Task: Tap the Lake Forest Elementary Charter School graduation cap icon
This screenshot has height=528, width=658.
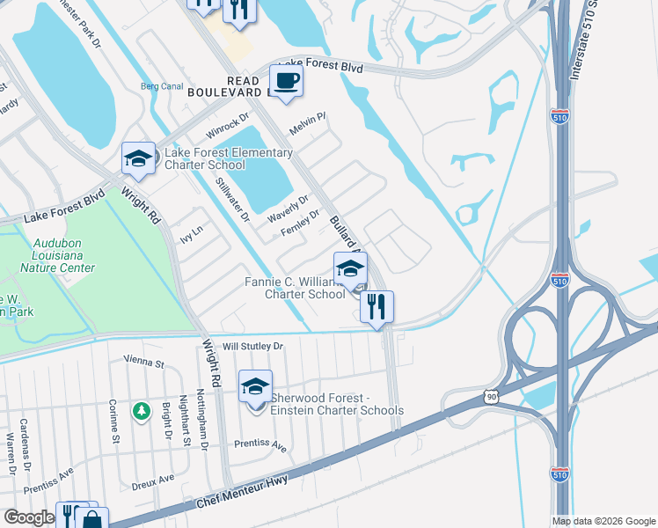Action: pyautogui.click(x=138, y=159)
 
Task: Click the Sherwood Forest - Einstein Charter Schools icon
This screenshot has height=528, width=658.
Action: pyautogui.click(x=255, y=387)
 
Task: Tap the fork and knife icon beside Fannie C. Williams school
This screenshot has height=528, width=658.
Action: pyautogui.click(x=377, y=308)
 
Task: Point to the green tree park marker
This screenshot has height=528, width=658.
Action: pyautogui.click(x=141, y=411)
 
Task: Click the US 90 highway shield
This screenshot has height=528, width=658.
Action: pyautogui.click(x=490, y=398)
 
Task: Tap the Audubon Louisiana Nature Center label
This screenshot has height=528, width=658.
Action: pyautogui.click(x=63, y=256)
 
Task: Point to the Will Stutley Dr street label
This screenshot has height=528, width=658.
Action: pyautogui.click(x=252, y=347)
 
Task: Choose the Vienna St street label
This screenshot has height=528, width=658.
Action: pyautogui.click(x=144, y=363)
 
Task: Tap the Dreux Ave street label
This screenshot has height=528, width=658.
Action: pyautogui.click(x=154, y=480)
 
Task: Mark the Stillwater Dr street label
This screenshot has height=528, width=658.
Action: pyautogui.click(x=233, y=199)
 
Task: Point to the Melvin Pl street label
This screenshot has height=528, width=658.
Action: pyautogui.click(x=308, y=121)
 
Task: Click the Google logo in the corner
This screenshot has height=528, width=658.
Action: pyautogui.click(x=28, y=517)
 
